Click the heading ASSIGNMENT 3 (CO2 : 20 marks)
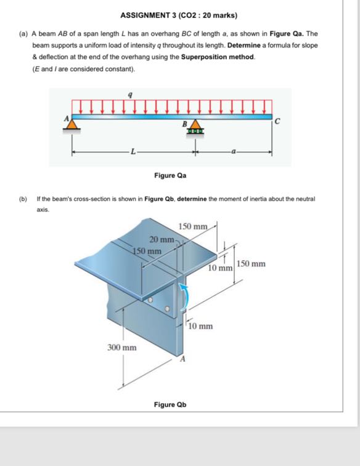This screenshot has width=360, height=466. (x=179, y=15)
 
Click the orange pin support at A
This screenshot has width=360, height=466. (x=72, y=125)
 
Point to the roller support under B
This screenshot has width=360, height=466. (x=196, y=129)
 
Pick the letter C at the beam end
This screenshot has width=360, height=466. (x=277, y=122)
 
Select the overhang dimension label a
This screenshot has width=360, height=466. (x=234, y=150)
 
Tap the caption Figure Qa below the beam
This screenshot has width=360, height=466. (x=170, y=175)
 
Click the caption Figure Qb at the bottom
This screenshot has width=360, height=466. (x=170, y=404)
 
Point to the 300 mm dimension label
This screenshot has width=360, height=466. (x=121, y=348)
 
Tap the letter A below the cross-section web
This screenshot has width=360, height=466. (x=182, y=359)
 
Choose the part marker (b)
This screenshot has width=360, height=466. (x=23, y=198)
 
